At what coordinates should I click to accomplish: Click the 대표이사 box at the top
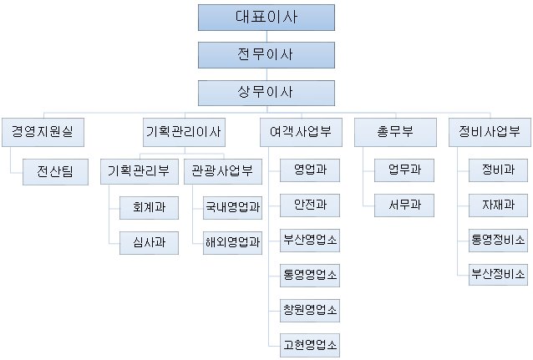point(266,18)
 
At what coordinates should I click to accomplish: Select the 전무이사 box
point(266,55)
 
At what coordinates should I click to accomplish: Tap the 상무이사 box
point(266,93)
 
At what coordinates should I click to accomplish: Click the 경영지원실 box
point(43,132)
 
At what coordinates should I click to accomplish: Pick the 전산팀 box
point(55,172)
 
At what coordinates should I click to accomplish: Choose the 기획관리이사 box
point(184,132)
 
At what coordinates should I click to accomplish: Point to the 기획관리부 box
point(140,171)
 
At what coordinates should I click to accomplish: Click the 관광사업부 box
point(223,171)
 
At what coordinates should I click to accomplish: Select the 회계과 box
point(149,207)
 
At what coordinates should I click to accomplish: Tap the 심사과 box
point(149,243)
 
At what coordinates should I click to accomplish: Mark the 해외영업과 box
point(232,243)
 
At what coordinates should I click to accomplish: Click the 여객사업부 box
point(301,132)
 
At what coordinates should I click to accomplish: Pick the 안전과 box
point(310,205)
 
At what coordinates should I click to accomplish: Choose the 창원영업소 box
point(310,311)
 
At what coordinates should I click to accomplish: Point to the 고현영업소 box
point(310,345)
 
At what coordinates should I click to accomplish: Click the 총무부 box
point(395,132)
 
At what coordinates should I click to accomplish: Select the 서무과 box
point(404,205)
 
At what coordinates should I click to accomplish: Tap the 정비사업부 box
point(490,132)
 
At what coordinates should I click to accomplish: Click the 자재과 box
point(498,205)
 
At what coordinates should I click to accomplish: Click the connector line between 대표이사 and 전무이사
point(266,37)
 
